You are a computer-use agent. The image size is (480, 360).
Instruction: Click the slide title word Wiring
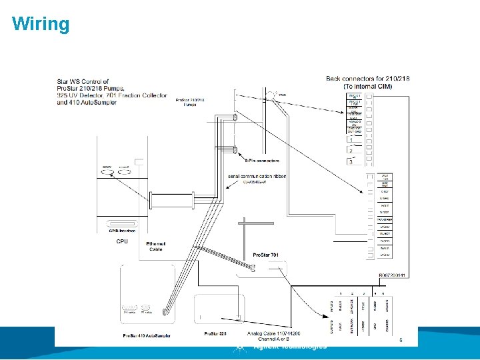[41, 25]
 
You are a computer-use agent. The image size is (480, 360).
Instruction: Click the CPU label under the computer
[122, 241]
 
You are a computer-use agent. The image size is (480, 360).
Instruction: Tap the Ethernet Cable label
[155, 247]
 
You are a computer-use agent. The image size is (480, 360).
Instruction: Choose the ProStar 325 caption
[215, 333]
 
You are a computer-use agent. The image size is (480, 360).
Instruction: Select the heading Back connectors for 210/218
[367, 79]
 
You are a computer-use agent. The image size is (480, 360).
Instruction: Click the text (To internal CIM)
[368, 86]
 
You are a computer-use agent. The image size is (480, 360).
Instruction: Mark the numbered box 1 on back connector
[351, 139]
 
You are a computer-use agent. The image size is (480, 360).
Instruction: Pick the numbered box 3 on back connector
[351, 161]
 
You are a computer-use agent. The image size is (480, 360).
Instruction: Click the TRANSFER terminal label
[385, 219]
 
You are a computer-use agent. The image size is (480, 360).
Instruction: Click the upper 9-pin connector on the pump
[235, 118]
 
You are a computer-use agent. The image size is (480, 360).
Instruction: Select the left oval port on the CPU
[107, 171]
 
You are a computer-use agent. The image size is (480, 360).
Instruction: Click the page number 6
[401, 339]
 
